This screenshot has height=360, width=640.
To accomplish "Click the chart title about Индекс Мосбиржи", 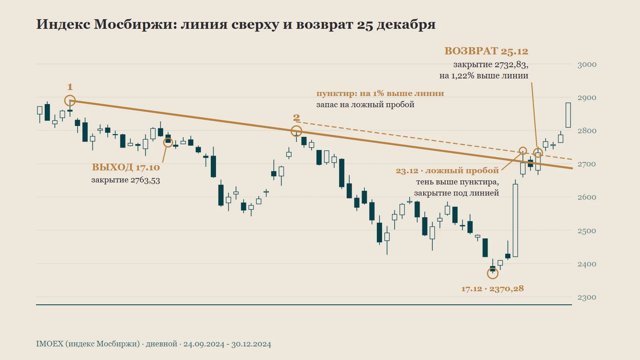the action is coord(236,24).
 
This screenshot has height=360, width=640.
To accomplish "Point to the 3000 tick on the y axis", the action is coord(587,64).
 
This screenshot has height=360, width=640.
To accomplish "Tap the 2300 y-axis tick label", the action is coord(587,298).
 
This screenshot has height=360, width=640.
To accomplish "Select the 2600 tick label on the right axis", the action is coord(587,198).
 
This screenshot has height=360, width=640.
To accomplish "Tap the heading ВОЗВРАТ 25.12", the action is coord(486,51).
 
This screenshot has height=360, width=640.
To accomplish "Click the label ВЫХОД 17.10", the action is coord(126,167).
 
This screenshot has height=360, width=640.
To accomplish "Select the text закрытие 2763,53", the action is coord(126,180).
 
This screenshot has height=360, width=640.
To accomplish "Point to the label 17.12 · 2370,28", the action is coord(492,288).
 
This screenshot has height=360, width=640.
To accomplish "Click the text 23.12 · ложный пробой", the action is coord(447,170).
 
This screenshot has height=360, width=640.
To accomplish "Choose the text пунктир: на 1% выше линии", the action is coord(380,94).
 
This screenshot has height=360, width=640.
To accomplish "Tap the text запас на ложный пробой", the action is coord(365,104).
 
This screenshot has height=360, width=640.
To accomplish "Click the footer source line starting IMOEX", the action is coord(154,344).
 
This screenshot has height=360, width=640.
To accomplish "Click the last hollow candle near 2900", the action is coord(568,115).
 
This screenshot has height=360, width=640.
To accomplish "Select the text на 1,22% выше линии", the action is coord(484,76).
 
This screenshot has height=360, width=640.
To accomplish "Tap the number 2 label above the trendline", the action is coord(296,118).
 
